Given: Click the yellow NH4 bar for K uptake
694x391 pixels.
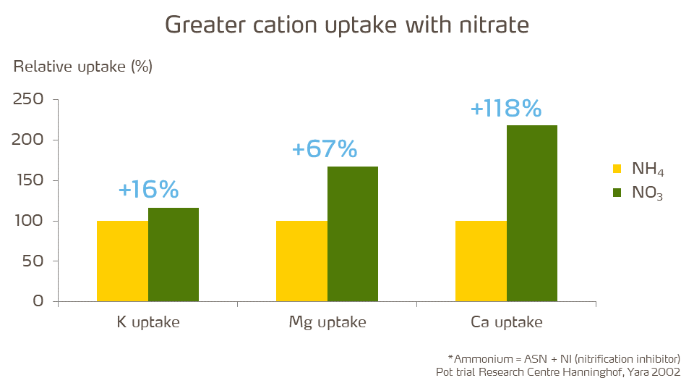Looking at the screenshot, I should pyautogui.click(x=122, y=261).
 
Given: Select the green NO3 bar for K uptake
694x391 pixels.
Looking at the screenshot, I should pyautogui.click(x=173, y=254).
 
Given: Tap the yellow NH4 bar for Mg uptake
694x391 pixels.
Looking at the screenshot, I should pyautogui.click(x=301, y=261).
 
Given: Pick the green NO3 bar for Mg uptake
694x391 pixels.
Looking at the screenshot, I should pyautogui.click(x=353, y=234).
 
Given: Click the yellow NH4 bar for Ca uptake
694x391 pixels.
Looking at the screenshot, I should pyautogui.click(x=481, y=261).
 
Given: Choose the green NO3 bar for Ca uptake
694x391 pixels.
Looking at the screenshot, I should pyautogui.click(x=532, y=213).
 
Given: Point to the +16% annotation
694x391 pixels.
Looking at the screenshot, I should pyautogui.click(x=148, y=190).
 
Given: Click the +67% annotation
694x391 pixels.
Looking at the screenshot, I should pyautogui.click(x=325, y=149).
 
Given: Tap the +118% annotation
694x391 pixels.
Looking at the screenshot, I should pyautogui.click(x=505, y=109).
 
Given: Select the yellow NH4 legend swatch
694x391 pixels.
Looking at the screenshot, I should pyautogui.click(x=617, y=169).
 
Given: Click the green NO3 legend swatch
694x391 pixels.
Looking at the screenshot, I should pyautogui.click(x=617, y=193).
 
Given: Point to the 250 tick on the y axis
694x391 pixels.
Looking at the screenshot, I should pyautogui.click(x=29, y=99).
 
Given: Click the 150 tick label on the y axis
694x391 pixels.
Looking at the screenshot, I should pyautogui.click(x=29, y=180).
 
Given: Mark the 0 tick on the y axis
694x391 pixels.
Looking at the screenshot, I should pyautogui.click(x=38, y=301).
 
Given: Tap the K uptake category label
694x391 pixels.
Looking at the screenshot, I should pyautogui.click(x=148, y=322).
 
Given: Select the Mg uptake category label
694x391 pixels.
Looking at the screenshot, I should pyautogui.click(x=327, y=322).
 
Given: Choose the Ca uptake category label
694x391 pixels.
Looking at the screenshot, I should pyautogui.click(x=506, y=322).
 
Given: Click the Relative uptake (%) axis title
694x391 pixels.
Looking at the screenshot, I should pyautogui.click(x=83, y=67).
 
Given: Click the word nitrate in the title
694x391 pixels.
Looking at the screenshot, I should pyautogui.click(x=494, y=25).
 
